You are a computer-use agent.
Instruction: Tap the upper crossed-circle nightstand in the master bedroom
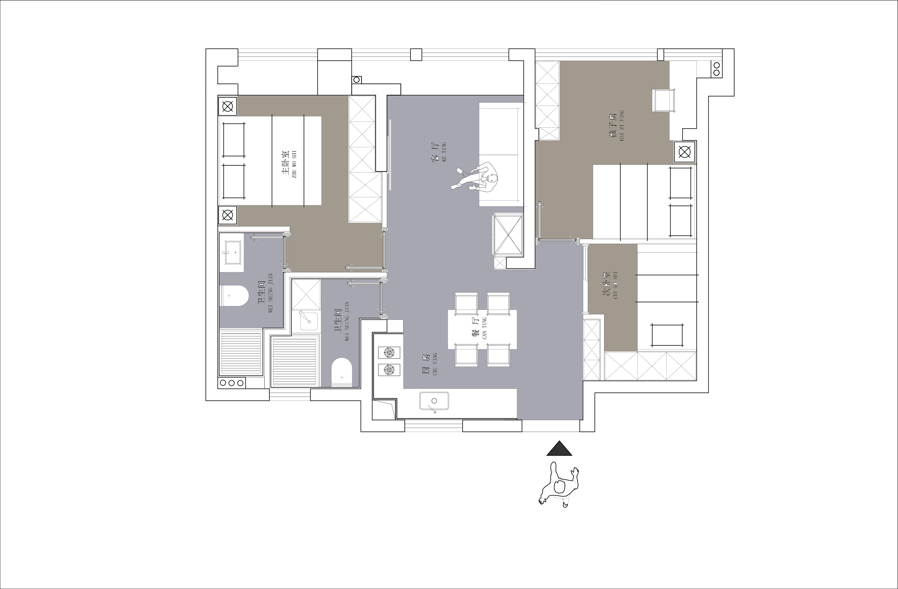tap(228, 107)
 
